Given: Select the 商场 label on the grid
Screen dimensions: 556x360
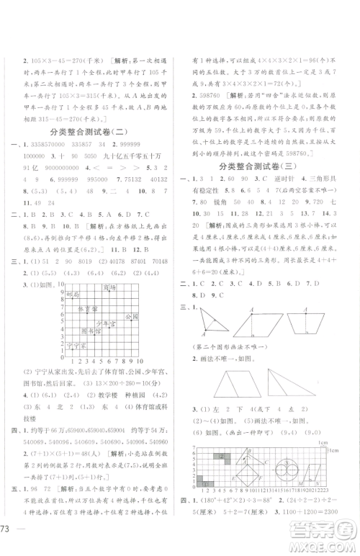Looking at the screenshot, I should coord(109,288).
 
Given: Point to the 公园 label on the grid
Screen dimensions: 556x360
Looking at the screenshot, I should coord(130,317).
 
